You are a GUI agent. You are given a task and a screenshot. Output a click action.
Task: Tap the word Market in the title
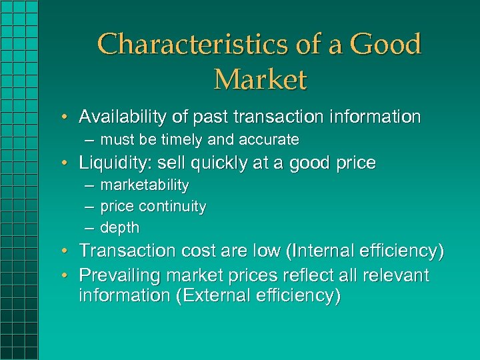[260, 79]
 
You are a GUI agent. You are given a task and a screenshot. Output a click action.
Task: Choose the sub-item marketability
[144, 185]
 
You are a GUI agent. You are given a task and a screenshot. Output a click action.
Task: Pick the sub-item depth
[119, 227]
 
